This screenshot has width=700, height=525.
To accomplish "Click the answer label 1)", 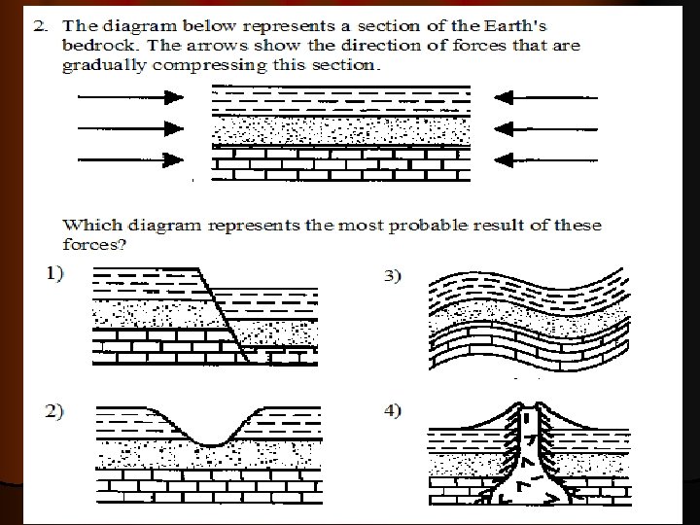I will tap(53, 274).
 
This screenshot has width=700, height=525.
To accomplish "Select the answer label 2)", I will tap(53, 411).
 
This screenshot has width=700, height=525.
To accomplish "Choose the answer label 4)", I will tap(391, 411).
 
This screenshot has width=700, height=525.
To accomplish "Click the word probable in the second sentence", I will tap(437, 226).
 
